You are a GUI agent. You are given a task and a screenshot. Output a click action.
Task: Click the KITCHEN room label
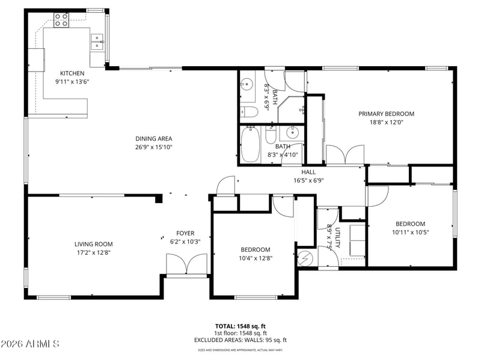coord(72,73)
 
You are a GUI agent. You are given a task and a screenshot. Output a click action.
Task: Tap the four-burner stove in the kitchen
coord(61,20)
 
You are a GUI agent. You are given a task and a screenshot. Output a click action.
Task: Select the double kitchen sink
coord(97,41)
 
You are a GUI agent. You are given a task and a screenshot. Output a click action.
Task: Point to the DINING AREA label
coord(154,139)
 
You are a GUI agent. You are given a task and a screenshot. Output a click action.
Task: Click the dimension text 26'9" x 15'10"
coord(154,147)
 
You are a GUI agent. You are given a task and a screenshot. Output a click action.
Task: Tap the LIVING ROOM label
coord(94,244)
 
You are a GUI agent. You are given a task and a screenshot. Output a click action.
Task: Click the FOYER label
coord(185,233)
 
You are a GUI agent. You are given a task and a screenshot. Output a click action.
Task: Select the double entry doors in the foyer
coord(187,264)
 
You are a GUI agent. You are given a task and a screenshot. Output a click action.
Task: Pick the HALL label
coord(308,172)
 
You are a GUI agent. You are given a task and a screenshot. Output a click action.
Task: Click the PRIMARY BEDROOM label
coord(386,114)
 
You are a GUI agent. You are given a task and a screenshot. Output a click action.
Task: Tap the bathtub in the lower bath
coord(251,144)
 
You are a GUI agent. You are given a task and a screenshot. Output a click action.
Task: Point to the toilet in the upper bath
coord(249,112)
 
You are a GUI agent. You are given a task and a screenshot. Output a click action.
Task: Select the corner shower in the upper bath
coord(291,109)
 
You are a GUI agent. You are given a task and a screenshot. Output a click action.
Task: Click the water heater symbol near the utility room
coord(305,258)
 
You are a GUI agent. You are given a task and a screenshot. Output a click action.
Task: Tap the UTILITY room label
coord(337,237)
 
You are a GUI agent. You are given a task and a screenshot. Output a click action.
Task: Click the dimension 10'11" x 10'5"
coord(411,232)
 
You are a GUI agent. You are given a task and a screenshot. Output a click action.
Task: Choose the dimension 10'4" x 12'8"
coord(256,258)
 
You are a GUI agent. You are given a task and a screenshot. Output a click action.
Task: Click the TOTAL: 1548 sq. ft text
coord(240,326)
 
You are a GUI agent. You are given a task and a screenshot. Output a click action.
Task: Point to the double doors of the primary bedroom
coord(345,154)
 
